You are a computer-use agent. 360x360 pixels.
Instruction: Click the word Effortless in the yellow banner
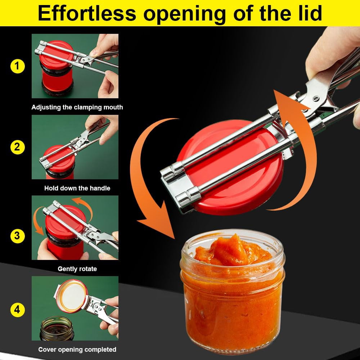(87, 13)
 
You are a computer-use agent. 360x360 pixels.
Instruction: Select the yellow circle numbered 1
(17, 66)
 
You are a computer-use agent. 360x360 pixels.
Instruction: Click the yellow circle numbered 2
(17, 147)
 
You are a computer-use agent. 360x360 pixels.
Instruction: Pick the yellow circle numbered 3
(17, 236)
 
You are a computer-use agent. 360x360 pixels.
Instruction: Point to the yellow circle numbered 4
(17, 310)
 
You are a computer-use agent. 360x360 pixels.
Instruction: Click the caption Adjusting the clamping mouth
(77, 107)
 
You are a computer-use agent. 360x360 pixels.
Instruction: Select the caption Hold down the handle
(77, 188)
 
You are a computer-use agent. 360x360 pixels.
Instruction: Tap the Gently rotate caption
(77, 269)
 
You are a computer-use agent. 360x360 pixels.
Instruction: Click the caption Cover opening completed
(77, 350)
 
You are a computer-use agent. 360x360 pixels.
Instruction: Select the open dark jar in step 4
(57, 328)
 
